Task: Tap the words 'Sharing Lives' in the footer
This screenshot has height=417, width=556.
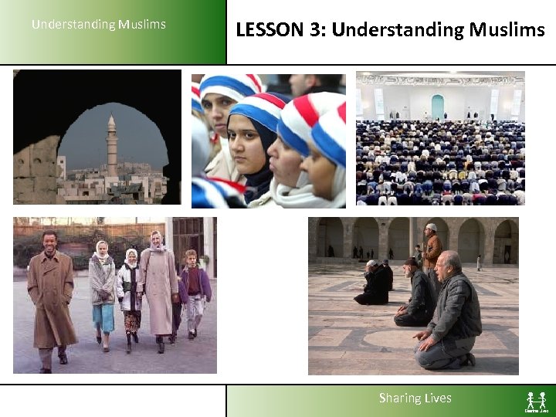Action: point(415,398)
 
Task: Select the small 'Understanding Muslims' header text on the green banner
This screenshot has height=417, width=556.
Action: point(99,24)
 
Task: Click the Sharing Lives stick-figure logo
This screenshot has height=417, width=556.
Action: point(536,401)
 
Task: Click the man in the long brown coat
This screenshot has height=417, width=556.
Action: point(52,297)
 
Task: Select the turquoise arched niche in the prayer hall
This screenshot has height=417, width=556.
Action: point(438,107)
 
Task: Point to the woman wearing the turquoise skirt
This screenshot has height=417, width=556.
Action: point(102,293)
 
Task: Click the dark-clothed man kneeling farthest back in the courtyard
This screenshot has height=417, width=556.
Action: point(375,283)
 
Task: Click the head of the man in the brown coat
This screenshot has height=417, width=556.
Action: point(50,241)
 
